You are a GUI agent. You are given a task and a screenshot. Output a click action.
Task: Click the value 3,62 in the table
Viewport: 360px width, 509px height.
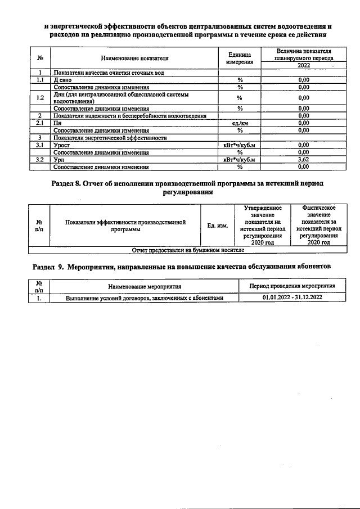[303, 160]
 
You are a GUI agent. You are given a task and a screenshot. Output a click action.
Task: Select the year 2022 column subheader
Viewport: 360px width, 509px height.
[303, 65]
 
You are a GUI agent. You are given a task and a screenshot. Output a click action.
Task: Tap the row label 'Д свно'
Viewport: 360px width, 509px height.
[62, 80]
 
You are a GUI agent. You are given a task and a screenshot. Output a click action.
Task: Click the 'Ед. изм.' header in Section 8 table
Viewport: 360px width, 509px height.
[217, 226]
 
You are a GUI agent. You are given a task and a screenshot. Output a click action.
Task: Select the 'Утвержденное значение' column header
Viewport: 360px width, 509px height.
[263, 226]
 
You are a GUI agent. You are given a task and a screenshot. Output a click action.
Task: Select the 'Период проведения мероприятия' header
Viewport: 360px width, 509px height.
[292, 286]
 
